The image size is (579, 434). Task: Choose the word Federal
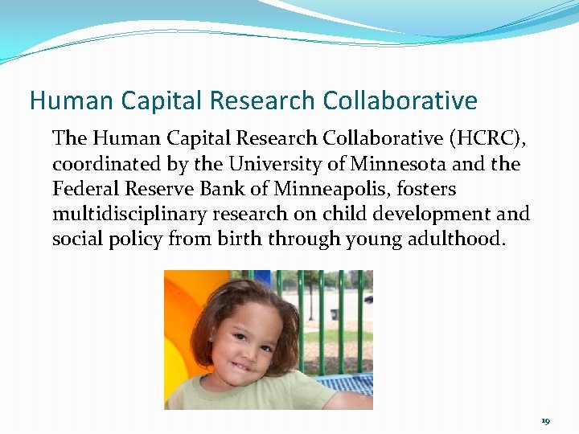tap(83, 189)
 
